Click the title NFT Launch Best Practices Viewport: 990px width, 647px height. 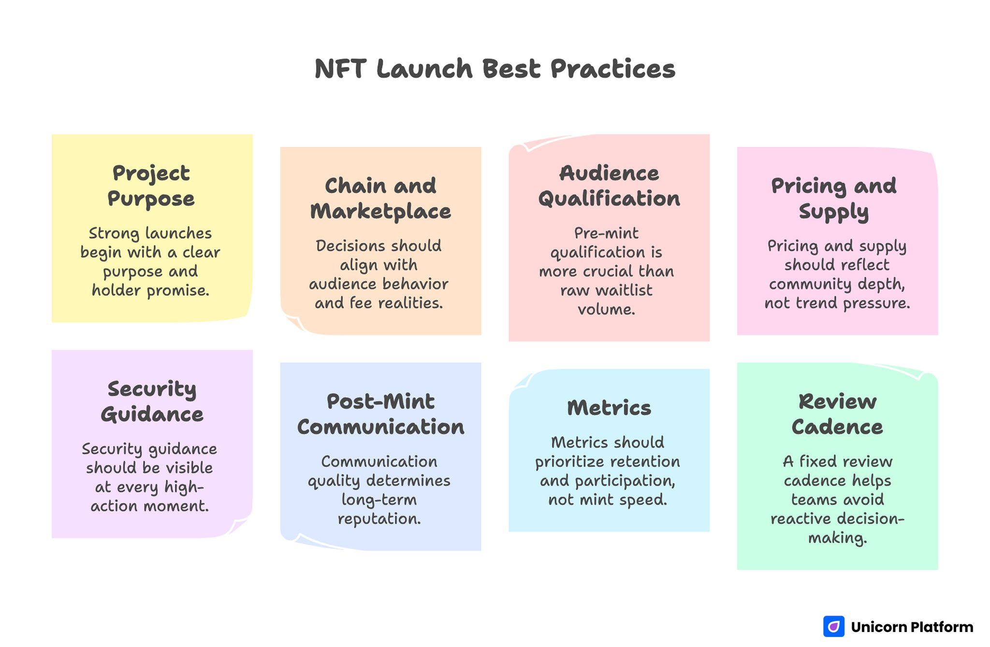coord(495,69)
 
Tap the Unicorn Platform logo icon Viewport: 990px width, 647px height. coord(833,627)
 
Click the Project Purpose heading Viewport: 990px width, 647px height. coord(151,186)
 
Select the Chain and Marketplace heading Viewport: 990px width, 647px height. coord(380,199)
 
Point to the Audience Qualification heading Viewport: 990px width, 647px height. coord(609,186)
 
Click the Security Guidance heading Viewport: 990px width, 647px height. coord(152,402)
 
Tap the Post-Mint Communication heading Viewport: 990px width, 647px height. coord(380,414)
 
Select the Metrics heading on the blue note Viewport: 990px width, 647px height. coord(609,408)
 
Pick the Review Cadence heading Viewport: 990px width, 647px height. coord(837,414)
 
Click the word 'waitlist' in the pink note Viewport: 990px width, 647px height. coord(624,290)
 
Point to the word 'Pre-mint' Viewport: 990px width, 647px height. coord(606,233)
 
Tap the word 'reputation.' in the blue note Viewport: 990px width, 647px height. coord(379,519)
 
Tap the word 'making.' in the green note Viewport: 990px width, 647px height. coord(837,538)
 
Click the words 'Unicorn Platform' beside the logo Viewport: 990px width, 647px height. coord(912,627)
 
